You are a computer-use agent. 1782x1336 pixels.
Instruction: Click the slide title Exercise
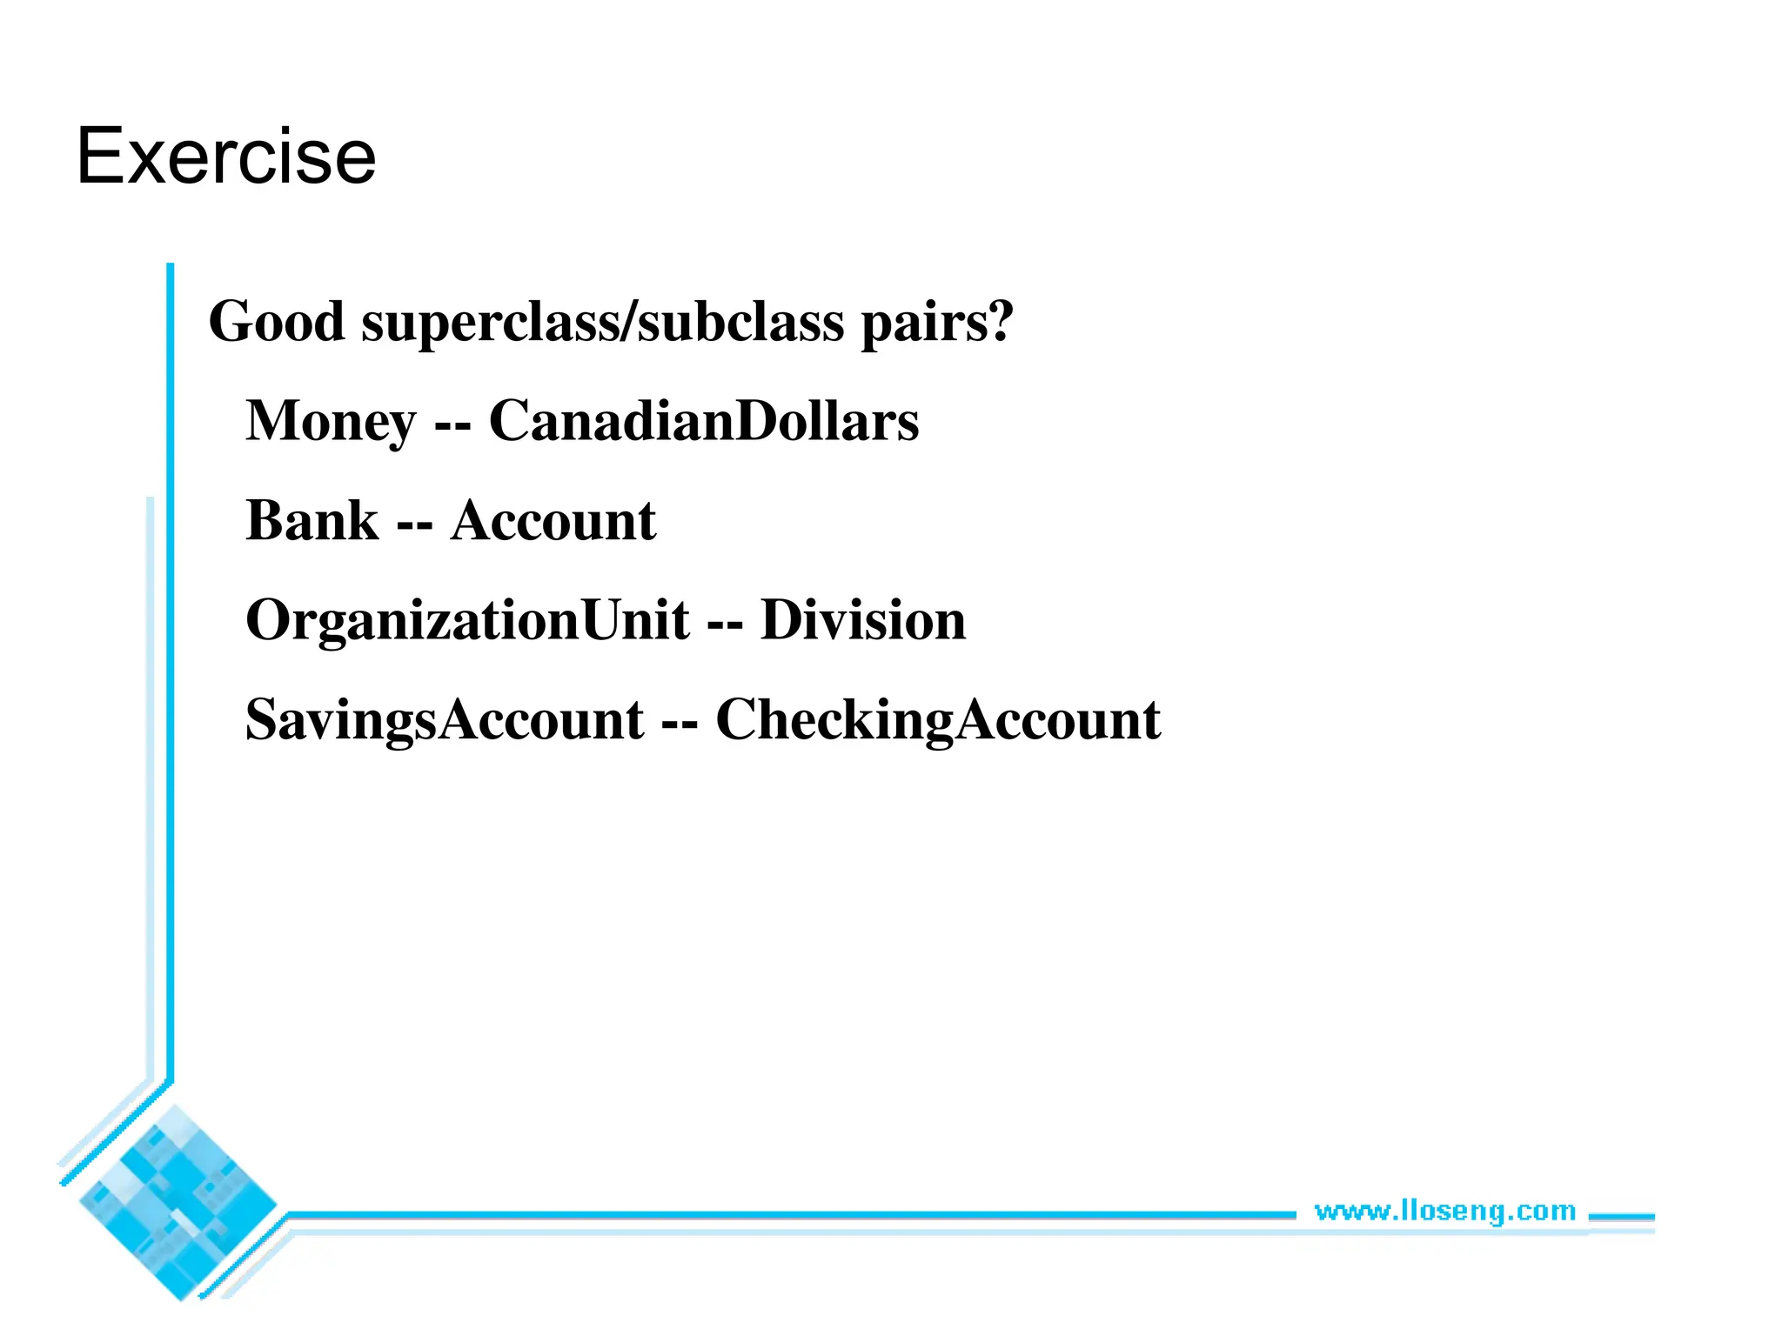point(226,157)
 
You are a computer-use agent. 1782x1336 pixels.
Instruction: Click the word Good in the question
point(277,322)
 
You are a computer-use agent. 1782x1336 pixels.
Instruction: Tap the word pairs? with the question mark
point(937,322)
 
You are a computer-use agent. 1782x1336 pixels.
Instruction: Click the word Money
point(331,422)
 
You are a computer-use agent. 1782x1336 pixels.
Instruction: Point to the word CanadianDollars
point(703,422)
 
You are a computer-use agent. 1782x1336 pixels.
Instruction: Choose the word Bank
point(312,521)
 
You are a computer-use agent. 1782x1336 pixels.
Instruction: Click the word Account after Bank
point(553,521)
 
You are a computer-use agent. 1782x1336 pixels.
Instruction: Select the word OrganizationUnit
point(467,621)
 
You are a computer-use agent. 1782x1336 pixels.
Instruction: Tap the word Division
point(863,621)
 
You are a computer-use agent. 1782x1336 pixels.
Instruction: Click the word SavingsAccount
point(445,720)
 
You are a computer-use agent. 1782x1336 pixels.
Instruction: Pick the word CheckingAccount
point(938,720)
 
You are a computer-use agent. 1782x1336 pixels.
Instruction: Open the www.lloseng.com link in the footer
point(1444,1211)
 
